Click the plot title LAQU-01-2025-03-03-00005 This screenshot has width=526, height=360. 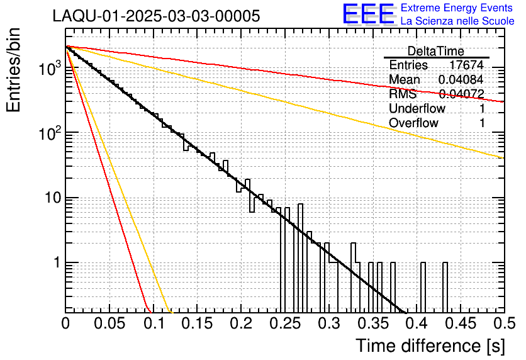pos(156,16)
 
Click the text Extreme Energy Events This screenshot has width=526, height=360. pos(457,8)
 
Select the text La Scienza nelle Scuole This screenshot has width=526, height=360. pos(457,21)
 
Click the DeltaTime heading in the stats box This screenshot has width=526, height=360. pos(435,51)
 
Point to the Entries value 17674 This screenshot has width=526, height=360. pos(466,65)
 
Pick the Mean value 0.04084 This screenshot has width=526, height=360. pos(461,79)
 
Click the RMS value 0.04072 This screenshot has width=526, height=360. pos(461,94)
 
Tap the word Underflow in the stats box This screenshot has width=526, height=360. pos(417,108)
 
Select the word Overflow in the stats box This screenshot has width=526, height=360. pos(413,123)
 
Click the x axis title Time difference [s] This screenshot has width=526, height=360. pos(430,345)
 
